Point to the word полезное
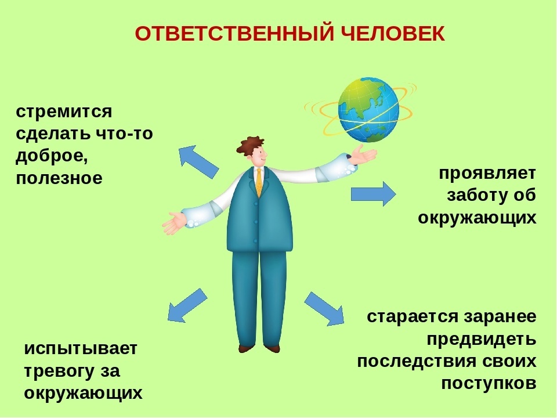[59, 178]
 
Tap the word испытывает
[81, 349]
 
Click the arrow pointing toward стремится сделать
[198, 161]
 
